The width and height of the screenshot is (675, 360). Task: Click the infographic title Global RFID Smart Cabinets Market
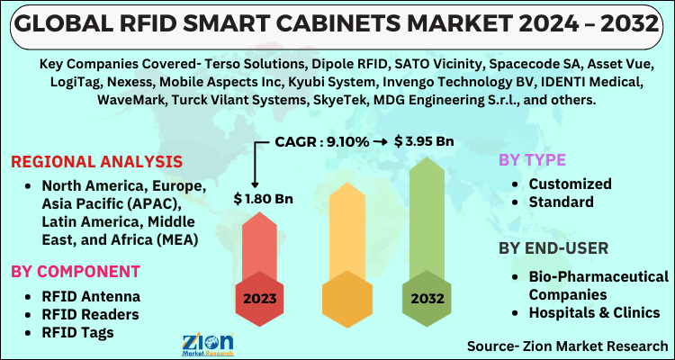pyautogui.click(x=337, y=23)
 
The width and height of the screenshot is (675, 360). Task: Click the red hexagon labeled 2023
pyautogui.click(x=261, y=298)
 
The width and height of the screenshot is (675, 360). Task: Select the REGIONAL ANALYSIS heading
pyautogui.click(x=96, y=162)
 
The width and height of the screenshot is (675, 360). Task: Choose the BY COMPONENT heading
pyautogui.click(x=76, y=271)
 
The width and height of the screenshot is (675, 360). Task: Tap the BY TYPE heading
pyautogui.click(x=533, y=160)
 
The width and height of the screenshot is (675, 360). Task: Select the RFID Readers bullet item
pyautogui.click(x=88, y=314)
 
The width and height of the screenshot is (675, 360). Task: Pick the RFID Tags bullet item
pyautogui.click(x=77, y=333)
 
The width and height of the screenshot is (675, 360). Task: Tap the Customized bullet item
pyautogui.click(x=568, y=184)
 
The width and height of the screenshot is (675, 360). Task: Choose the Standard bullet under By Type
pyautogui.click(x=561, y=202)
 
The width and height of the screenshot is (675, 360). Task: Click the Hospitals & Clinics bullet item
pyautogui.click(x=594, y=312)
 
